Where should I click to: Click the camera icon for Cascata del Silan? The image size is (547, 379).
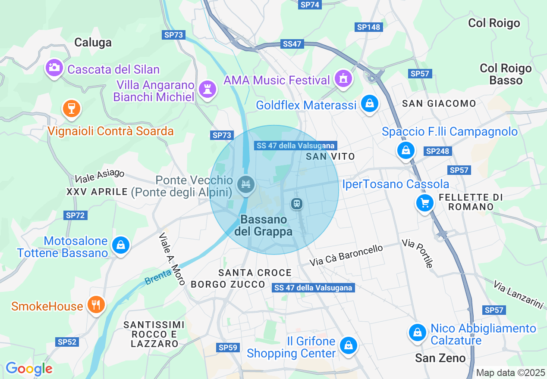(54, 68)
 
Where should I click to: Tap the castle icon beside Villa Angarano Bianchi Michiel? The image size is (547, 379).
(207, 89)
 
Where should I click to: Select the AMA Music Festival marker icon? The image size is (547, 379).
(343, 78)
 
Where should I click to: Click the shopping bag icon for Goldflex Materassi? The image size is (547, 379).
(369, 104)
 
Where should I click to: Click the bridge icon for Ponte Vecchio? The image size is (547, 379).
(246, 185)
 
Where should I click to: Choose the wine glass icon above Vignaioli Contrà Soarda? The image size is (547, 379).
(72, 109)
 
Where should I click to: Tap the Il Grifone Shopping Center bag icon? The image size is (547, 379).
(347, 345)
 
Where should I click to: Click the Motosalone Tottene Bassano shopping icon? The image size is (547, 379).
(120, 245)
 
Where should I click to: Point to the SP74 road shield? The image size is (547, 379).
(310, 5)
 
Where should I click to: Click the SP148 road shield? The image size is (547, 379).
(369, 27)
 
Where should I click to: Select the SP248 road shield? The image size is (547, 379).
(438, 151)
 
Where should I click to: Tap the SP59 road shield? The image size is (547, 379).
(228, 347)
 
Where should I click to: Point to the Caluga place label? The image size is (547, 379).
(93, 42)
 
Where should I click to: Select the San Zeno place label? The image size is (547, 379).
(440, 358)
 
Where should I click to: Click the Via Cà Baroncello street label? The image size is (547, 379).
(346, 255)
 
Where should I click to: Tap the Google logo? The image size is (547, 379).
(29, 369)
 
